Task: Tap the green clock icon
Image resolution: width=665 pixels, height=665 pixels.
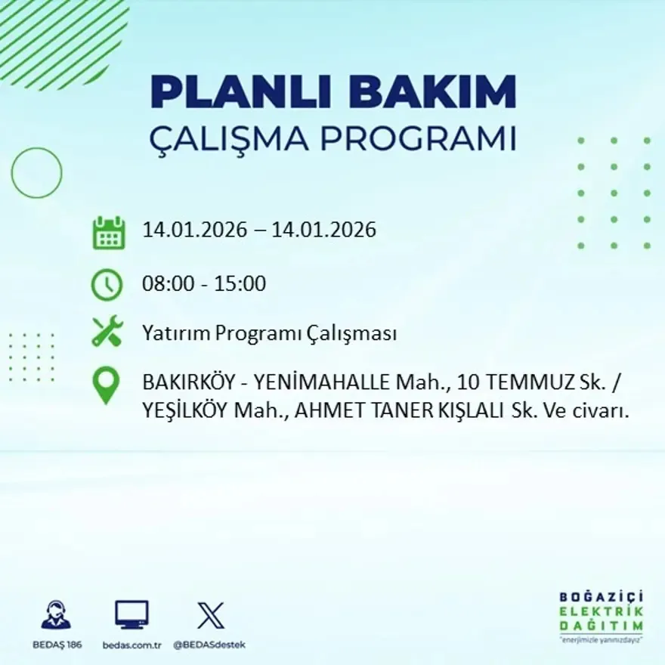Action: pos(107,285)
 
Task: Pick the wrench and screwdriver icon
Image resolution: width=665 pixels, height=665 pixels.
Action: pos(107,332)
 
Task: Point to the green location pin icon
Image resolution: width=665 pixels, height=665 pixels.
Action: pos(106,384)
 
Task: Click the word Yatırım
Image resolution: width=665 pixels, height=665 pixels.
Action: pos(176,333)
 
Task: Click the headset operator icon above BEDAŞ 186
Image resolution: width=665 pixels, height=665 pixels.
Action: pos(56,615)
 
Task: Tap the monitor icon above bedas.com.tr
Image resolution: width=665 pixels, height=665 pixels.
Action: pos(131,615)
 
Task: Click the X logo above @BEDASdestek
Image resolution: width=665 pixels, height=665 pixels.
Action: pos(210,615)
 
